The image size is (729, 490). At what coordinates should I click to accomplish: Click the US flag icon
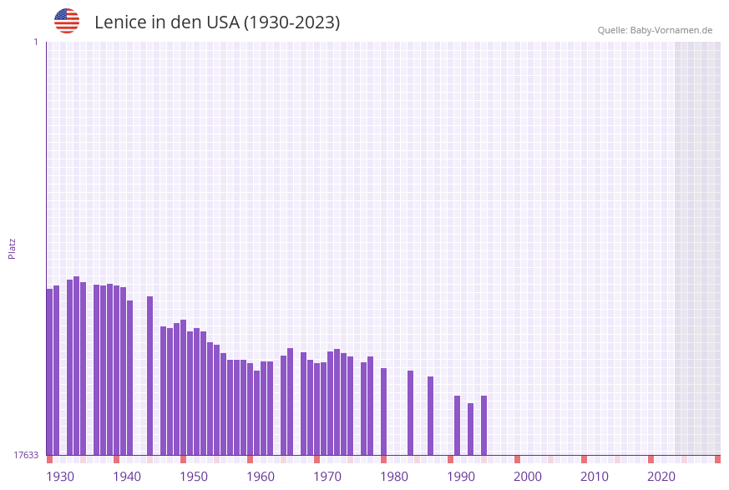coord(67,21)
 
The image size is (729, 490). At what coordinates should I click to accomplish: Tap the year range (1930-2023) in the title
coord(291,23)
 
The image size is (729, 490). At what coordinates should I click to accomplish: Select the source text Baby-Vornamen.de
coord(671,30)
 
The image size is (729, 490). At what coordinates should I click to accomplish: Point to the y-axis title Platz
coord(13,248)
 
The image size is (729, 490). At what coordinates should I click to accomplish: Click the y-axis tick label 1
coord(35,42)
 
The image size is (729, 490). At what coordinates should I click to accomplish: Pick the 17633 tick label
coord(26,455)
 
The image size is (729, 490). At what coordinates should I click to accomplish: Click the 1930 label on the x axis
coord(60,477)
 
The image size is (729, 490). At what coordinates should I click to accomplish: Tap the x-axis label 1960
coord(261,477)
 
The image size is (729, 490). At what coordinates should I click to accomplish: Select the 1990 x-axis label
coord(461,477)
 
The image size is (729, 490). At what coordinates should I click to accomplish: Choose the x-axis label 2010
coord(595,477)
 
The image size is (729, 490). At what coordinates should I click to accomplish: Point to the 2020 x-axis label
coord(661,477)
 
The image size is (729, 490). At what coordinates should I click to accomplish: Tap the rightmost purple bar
coord(483,425)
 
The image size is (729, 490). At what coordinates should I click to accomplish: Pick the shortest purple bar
coord(470,429)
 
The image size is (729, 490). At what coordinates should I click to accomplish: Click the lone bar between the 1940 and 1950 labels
coord(149,376)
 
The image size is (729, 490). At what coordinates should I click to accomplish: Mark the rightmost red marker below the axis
coord(717,459)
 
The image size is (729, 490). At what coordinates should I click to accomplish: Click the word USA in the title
coord(222,23)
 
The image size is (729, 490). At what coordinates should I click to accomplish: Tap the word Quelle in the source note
coord(612,30)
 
